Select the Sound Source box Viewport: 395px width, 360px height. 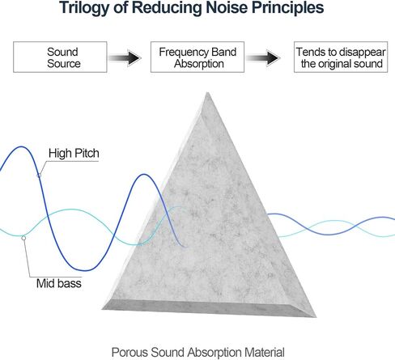(x=60, y=57)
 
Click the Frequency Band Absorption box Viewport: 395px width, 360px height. (x=197, y=57)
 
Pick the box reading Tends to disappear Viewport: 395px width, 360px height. (x=341, y=57)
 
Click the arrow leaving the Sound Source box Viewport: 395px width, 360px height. (x=125, y=57)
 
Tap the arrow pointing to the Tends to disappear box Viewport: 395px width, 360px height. (x=263, y=57)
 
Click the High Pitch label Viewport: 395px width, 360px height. (x=74, y=153)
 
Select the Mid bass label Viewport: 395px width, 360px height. (x=59, y=283)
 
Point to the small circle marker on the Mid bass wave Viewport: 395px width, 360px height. (x=23, y=238)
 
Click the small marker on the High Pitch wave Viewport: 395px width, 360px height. (x=39, y=176)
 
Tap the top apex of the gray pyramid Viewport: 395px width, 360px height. (x=207, y=92)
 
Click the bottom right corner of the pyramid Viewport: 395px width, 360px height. (x=316, y=316)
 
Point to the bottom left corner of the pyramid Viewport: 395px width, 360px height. (x=103, y=309)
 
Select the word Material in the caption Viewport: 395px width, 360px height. (x=265, y=353)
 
